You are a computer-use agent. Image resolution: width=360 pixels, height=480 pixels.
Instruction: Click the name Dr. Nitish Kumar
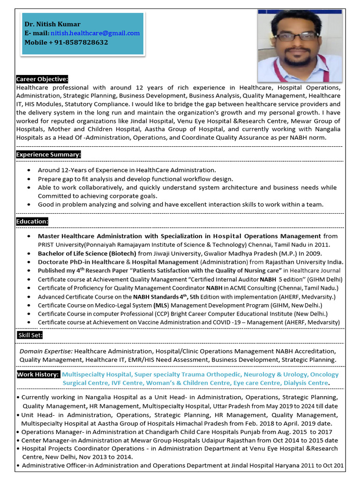click(52, 24)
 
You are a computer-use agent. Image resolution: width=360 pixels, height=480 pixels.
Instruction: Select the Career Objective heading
click(42, 79)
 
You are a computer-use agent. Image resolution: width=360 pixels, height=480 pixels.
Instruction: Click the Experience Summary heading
click(49, 154)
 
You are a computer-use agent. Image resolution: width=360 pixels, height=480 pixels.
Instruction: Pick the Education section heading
click(32, 221)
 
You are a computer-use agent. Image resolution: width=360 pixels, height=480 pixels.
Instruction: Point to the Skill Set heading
click(30, 335)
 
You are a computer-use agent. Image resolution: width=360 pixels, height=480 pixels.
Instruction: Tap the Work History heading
click(38, 375)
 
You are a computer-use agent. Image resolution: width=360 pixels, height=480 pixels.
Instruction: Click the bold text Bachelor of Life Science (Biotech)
click(87, 253)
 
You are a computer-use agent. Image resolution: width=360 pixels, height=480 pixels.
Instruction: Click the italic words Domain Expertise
click(46, 351)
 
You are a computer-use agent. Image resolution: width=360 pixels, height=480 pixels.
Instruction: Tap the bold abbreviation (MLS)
click(160, 305)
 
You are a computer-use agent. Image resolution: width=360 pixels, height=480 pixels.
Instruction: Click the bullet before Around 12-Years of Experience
click(30, 170)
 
